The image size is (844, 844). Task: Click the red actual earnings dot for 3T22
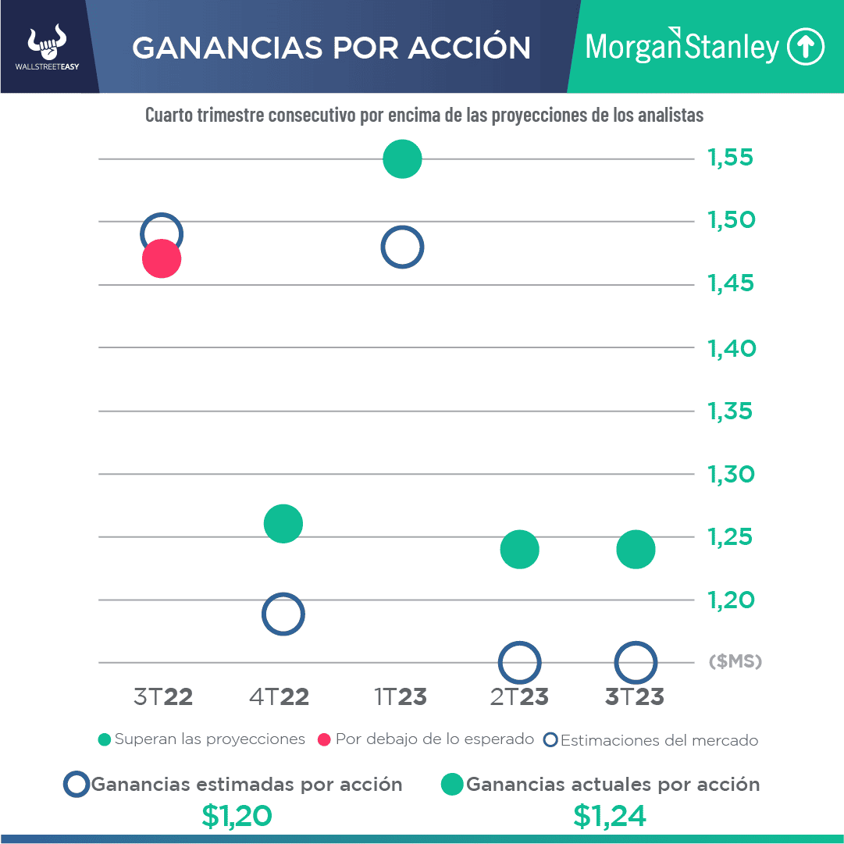(x=162, y=259)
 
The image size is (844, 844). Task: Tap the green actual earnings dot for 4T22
(x=283, y=523)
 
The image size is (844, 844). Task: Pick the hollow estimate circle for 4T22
(x=283, y=614)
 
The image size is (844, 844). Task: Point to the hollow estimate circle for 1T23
(x=402, y=248)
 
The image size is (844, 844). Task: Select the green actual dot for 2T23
(x=519, y=550)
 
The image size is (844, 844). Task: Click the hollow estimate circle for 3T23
(x=636, y=662)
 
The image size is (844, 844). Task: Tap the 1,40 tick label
(x=732, y=348)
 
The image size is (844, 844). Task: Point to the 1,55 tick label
(x=731, y=158)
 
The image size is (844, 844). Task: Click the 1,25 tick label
(x=732, y=537)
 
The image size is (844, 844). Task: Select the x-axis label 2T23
(x=519, y=696)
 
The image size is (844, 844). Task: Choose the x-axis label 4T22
(x=279, y=696)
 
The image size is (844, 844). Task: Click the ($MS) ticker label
(x=735, y=662)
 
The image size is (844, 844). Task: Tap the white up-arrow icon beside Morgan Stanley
(x=805, y=47)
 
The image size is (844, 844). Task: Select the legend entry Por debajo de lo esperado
(x=426, y=739)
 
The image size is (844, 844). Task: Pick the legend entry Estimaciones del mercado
(x=651, y=739)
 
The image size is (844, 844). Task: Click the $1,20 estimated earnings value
(x=237, y=815)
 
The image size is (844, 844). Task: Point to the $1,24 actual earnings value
(x=609, y=815)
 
